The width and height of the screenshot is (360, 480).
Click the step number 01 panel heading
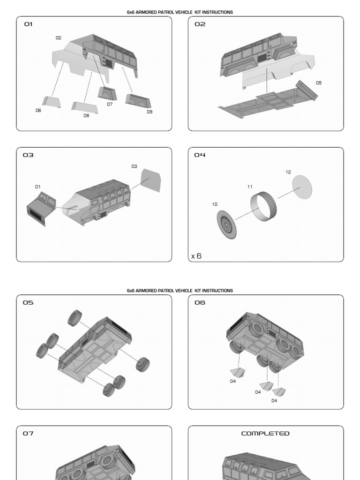(29, 24)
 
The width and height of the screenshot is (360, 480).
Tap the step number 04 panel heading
(200, 155)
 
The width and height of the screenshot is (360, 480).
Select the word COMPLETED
(265, 434)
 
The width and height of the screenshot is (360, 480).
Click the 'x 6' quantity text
(196, 256)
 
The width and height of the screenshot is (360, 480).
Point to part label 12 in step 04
(288, 172)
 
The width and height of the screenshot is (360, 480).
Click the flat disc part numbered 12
(302, 187)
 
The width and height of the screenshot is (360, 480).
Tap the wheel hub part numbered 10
(226, 224)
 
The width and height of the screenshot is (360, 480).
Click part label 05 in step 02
(319, 83)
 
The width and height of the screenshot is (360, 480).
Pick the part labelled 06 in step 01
(52, 102)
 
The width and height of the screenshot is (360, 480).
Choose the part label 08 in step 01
(86, 116)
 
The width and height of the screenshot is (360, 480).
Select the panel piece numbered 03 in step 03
(151, 180)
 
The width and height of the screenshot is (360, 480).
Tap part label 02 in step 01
(59, 38)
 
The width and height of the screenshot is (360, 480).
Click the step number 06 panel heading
(200, 303)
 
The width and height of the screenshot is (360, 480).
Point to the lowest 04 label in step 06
(274, 401)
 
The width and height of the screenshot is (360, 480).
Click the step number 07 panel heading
(29, 434)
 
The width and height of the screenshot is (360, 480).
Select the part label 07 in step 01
(110, 105)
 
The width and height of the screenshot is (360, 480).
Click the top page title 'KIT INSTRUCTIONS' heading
(180, 12)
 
